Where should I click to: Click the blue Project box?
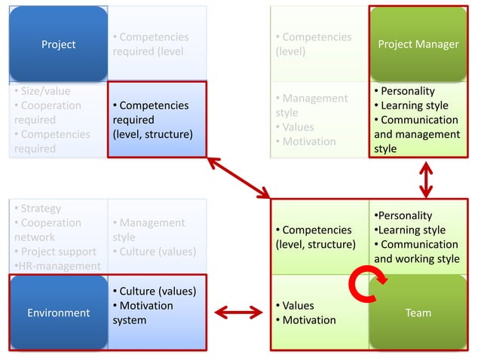[58, 44]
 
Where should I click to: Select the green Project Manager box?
[418, 44]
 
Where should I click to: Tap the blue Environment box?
[58, 313]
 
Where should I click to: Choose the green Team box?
[418, 313]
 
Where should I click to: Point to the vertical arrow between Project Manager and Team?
[426, 178]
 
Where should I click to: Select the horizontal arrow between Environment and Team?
[237, 312]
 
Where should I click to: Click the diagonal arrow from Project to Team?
[238, 178]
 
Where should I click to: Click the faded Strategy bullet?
[41, 209]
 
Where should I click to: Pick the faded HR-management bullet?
[57, 266]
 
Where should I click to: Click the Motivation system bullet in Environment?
[142, 313]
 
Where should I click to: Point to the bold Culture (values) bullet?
[153, 291]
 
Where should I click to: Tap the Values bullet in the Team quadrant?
[298, 306]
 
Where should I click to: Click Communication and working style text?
[416, 252]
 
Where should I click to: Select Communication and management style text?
[416, 134]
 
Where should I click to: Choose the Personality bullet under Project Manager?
[406, 91]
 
